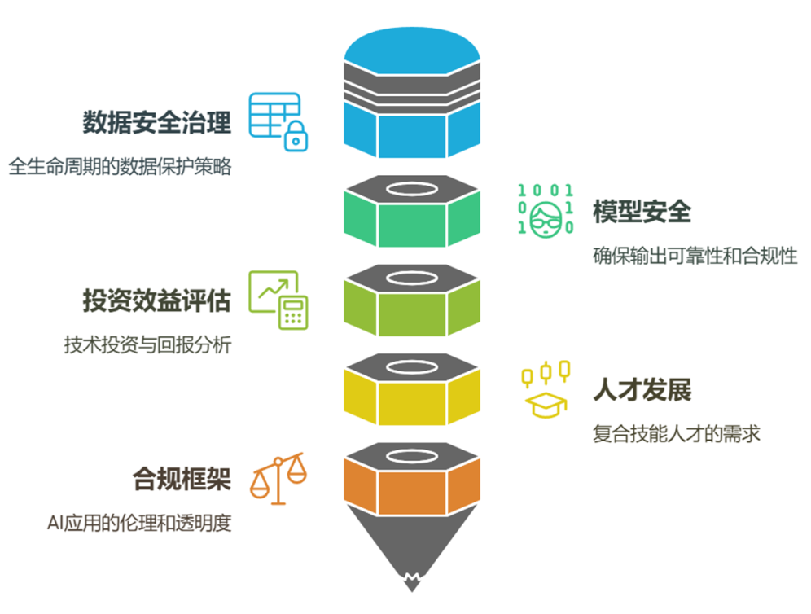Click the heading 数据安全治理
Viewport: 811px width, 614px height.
(x=156, y=123)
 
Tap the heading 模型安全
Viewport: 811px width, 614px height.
(x=642, y=213)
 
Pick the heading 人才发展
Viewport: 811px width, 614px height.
(x=642, y=390)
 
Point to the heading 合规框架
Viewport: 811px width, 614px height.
(x=182, y=479)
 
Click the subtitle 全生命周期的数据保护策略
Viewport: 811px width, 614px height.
(x=121, y=166)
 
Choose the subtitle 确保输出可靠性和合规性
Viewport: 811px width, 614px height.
(x=695, y=256)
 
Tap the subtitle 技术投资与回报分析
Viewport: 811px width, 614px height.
(x=147, y=344)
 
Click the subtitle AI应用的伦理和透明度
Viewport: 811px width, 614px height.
(x=139, y=523)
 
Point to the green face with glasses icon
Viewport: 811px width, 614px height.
(x=543, y=217)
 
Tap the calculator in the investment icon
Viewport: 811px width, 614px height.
(x=293, y=312)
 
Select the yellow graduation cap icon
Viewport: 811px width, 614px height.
(x=543, y=402)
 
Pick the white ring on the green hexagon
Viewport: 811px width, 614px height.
(x=411, y=191)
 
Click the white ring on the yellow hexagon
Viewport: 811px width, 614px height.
(x=411, y=368)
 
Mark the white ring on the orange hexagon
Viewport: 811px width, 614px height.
(x=411, y=457)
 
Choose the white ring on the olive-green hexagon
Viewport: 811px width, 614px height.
(x=411, y=279)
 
